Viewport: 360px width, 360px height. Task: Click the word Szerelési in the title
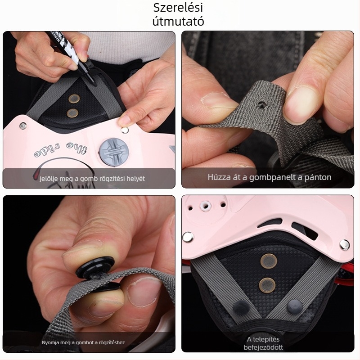click(x=178, y=8)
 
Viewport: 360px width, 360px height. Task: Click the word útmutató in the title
click(x=178, y=21)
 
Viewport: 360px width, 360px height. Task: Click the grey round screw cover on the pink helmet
click(x=114, y=152)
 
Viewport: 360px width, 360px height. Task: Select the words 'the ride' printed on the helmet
click(x=61, y=149)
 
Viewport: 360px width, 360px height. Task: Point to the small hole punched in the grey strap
click(x=261, y=104)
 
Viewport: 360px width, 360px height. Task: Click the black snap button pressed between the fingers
click(x=95, y=267)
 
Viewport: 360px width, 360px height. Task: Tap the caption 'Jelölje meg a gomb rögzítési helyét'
click(x=92, y=179)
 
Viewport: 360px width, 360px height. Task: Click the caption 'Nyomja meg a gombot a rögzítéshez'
click(x=83, y=342)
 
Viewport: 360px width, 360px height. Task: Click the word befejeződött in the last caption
click(x=263, y=347)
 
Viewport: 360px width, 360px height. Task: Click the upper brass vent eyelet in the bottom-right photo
click(x=269, y=261)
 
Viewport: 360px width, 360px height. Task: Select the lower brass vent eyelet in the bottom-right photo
click(x=267, y=285)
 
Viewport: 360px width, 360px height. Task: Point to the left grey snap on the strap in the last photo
click(x=240, y=307)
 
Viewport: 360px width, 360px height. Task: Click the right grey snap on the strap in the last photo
click(x=295, y=306)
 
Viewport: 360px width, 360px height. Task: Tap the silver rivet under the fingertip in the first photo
click(x=125, y=130)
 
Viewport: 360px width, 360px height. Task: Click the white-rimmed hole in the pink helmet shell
click(x=206, y=206)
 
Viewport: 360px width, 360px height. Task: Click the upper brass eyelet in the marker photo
click(x=74, y=99)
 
